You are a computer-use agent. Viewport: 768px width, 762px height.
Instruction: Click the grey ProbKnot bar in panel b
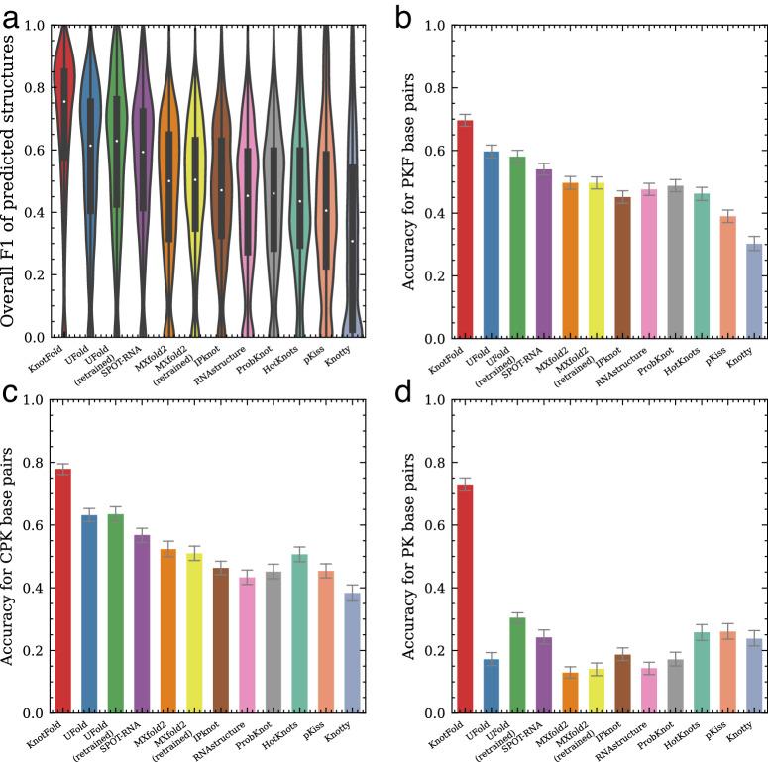point(674,262)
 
